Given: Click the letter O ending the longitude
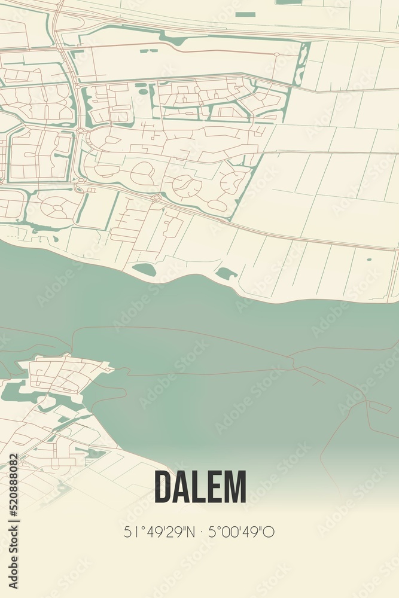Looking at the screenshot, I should (271, 532).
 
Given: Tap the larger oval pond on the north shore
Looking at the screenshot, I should (144, 270).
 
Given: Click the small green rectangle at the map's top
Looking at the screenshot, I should (245, 14).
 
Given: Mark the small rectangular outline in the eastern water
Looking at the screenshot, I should (380, 407).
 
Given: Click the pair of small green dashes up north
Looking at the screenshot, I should (145, 51).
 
